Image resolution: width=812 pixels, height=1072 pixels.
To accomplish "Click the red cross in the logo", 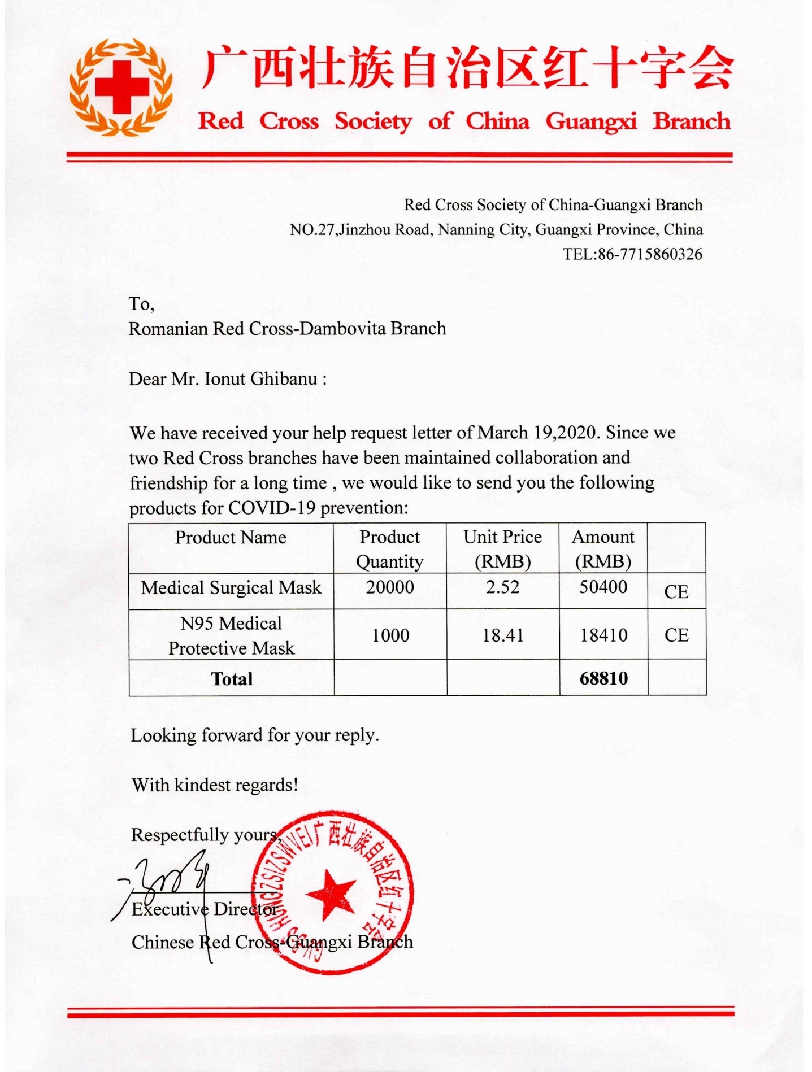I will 121,87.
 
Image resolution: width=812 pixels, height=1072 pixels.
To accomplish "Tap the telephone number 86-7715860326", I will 650,254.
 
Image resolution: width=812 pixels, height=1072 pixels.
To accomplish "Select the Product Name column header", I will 231,537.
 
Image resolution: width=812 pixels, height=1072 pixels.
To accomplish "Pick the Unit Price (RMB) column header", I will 502,548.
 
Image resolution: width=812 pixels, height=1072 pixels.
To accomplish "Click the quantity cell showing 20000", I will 390,587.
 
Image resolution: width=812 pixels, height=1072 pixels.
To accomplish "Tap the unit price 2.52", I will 502,587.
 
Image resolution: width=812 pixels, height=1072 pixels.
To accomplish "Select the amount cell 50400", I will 603,587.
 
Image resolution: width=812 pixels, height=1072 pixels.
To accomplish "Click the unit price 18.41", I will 502,635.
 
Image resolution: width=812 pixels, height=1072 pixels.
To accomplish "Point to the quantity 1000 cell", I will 390,635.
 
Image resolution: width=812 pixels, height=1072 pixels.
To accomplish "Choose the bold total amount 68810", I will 603,678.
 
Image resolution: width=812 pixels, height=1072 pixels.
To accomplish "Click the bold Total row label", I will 232,679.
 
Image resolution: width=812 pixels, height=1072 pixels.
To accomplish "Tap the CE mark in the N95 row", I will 676,635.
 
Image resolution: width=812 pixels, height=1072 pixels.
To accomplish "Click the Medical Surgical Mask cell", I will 231,588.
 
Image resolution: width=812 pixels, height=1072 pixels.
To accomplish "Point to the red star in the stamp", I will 332,893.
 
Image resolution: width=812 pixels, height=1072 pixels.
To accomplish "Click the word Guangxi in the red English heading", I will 591,121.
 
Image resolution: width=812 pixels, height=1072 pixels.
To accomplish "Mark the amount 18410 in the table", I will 603,635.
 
